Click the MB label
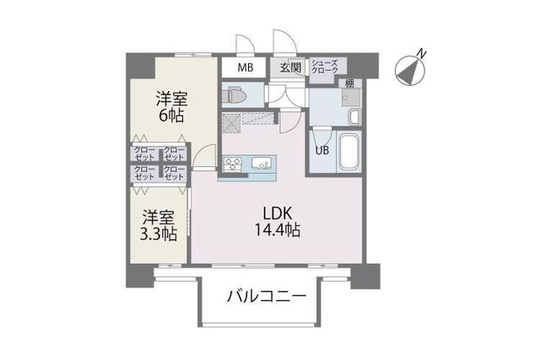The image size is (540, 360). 245,67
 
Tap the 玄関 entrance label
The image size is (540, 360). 290,67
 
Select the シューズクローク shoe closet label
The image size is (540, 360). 325,67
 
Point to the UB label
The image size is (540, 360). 322,152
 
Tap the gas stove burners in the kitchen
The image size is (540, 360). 233,163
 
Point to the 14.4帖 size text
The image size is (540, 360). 272,229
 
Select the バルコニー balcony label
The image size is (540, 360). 263,297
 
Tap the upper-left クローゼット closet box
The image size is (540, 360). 143,153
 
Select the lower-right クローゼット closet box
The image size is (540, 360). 174,173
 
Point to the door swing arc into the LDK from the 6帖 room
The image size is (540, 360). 200,157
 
